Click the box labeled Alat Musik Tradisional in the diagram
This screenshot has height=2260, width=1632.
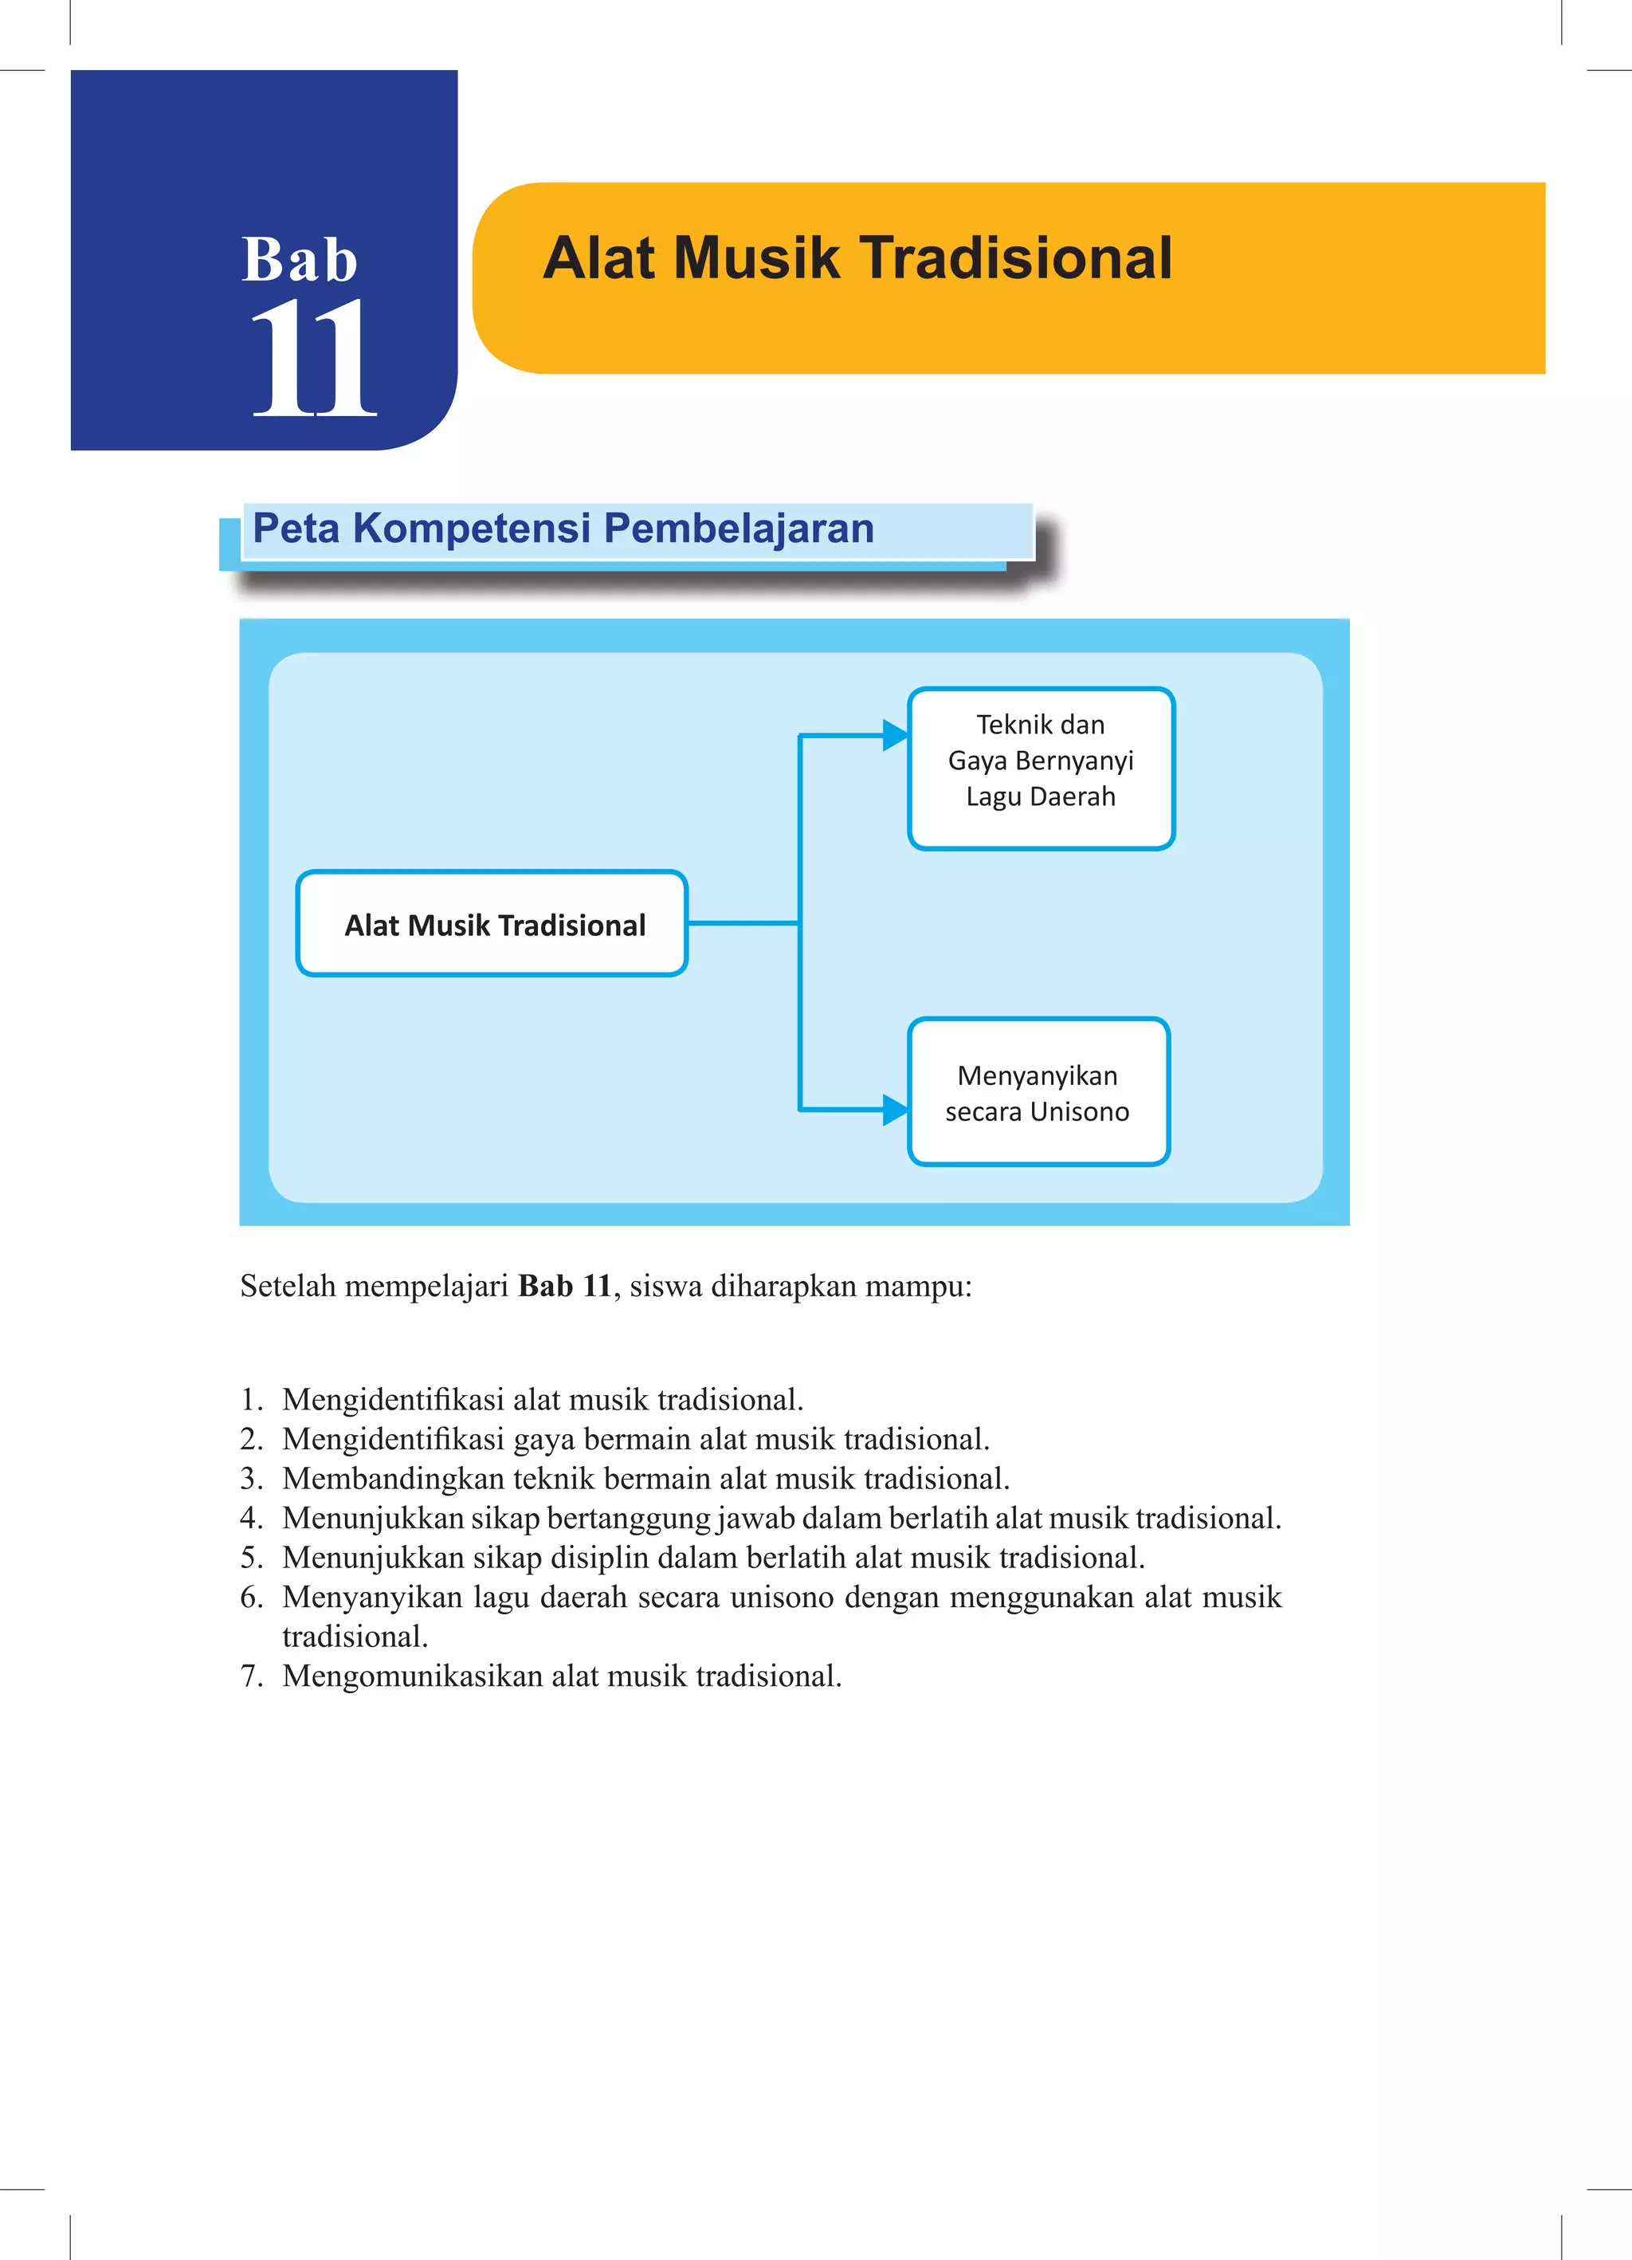pyautogui.click(x=493, y=924)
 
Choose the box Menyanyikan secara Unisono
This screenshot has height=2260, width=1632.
pyautogui.click(x=1038, y=1091)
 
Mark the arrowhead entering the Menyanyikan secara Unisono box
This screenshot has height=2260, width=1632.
pyautogui.click(x=895, y=1109)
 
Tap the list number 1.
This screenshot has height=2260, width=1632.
pyautogui.click(x=250, y=1400)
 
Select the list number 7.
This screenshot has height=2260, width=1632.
pyautogui.click(x=250, y=1676)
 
